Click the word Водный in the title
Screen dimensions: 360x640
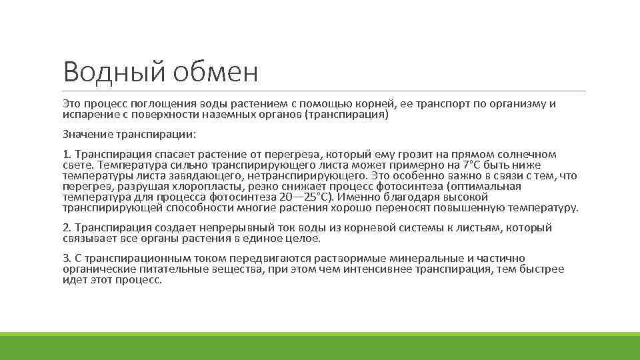click(114, 72)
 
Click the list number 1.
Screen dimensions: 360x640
click(66, 155)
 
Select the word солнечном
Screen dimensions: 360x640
click(528, 155)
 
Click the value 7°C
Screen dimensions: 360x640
click(473, 165)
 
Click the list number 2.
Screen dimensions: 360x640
click(66, 228)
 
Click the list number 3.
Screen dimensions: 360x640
click(66, 259)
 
